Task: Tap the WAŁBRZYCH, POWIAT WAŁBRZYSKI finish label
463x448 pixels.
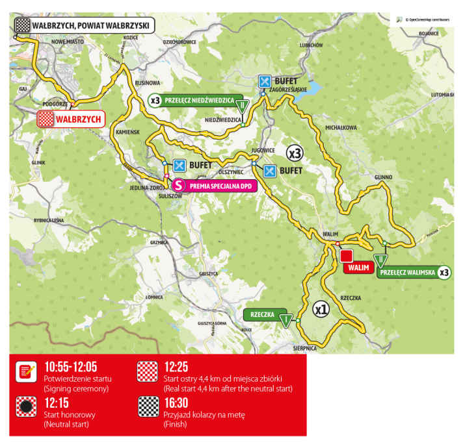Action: (91, 25)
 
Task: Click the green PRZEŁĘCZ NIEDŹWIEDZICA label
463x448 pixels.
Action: (198, 101)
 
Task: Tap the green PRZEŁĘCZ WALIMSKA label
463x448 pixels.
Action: (406, 272)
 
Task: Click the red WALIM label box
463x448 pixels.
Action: (358, 267)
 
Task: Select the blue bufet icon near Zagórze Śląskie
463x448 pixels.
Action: (264, 81)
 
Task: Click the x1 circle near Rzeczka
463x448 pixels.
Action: (321, 308)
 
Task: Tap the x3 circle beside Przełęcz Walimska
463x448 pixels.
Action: (444, 272)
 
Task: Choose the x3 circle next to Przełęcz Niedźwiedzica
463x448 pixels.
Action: (155, 101)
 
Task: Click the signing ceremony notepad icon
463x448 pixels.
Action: (26, 371)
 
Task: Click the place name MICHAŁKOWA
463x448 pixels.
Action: (342, 128)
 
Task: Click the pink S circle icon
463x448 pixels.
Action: (180, 186)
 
